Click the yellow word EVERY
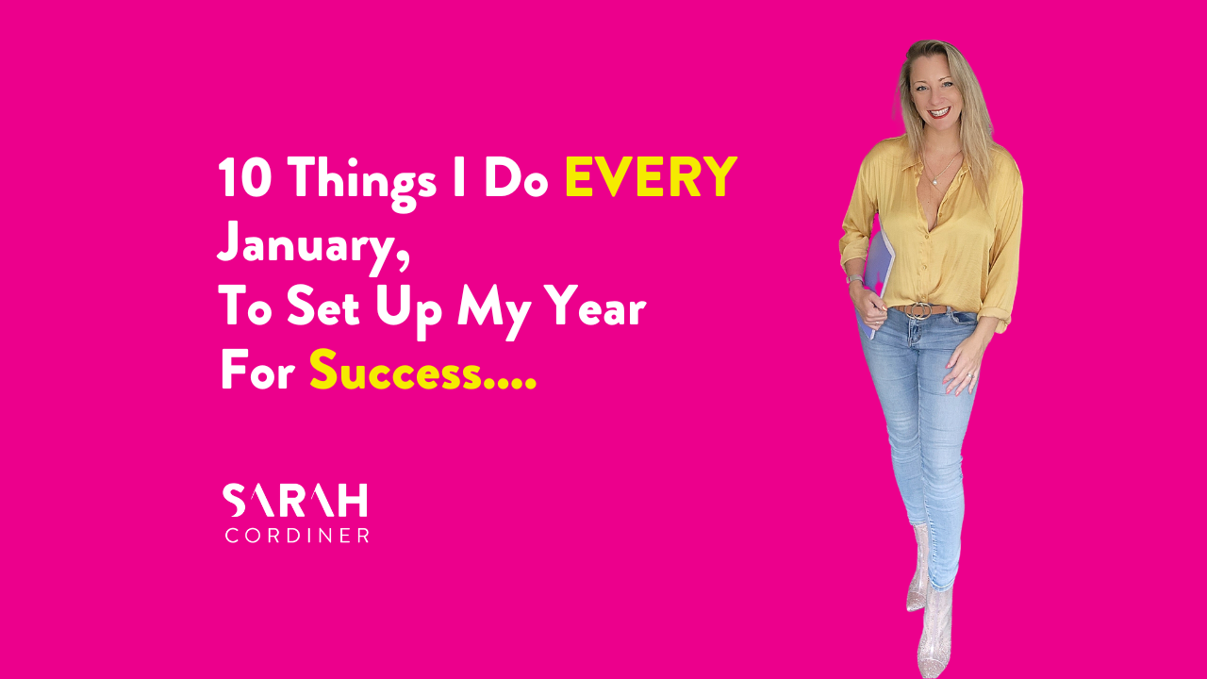[x=651, y=176]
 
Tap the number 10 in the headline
[x=244, y=177]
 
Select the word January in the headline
[x=307, y=246]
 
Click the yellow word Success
[x=395, y=370]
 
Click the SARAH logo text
[x=295, y=500]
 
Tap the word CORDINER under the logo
[x=297, y=535]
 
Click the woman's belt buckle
[x=917, y=310]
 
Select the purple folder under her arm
[x=877, y=280]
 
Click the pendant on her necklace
[x=934, y=183]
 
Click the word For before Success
[x=258, y=370]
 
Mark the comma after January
[x=403, y=263]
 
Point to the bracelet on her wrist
[x=854, y=279]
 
